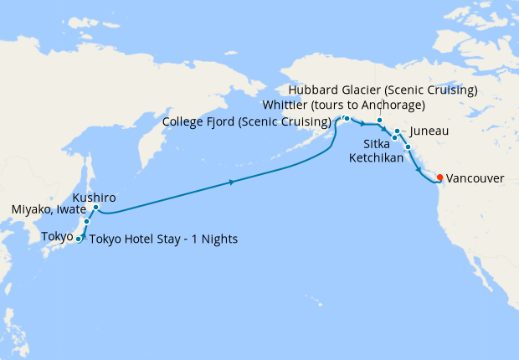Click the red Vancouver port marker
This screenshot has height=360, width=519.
[x=440, y=177]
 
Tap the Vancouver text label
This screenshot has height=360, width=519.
[x=475, y=178]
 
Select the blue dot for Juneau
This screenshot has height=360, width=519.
[x=397, y=132]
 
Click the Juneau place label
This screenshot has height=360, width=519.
[x=429, y=132]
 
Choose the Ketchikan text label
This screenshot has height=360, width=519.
[x=376, y=157]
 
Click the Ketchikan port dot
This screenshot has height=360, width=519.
[x=408, y=148]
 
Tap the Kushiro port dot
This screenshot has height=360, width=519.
[x=96, y=207]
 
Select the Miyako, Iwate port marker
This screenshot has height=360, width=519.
[x=86, y=222]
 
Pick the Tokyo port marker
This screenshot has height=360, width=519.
[x=79, y=239]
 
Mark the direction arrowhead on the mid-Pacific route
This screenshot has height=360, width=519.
[x=231, y=182]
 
